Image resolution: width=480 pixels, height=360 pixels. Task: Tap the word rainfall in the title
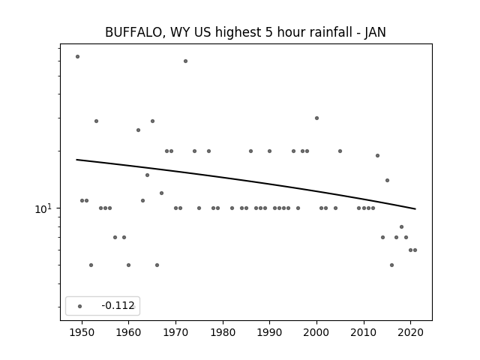331,32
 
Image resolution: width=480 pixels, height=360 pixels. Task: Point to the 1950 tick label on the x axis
82,332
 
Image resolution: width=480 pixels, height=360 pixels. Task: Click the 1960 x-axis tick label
128,332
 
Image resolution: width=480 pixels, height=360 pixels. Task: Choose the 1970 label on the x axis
175,332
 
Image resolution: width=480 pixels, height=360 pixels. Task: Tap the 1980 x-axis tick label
223,332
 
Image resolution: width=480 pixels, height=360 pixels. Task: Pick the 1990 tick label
270,332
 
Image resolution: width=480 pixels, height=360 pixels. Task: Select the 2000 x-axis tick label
316,332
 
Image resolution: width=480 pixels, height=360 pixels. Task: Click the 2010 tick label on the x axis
364,332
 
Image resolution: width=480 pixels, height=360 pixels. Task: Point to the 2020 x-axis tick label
411,332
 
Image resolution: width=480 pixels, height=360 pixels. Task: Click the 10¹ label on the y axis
43,208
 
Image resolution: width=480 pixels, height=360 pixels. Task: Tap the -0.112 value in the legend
118,305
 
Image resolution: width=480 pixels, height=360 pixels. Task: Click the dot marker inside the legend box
80,306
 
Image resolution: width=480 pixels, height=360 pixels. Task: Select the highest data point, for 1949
77,57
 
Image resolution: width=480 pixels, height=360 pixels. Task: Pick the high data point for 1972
185,61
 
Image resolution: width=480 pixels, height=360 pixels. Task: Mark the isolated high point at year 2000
316,118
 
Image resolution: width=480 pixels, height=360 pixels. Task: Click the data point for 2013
377,155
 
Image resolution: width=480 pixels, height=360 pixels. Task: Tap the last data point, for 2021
415,250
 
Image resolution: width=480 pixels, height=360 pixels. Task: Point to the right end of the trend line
415,209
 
